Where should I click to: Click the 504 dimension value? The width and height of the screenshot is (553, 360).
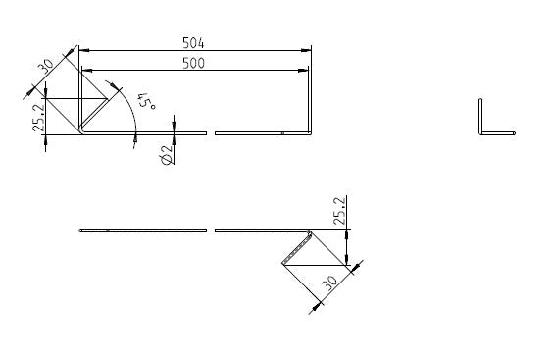[x=193, y=42]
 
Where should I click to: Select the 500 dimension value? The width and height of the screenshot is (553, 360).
[x=193, y=63]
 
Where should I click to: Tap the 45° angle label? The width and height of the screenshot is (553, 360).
[x=146, y=101]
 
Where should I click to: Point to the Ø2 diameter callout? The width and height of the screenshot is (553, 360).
[x=166, y=153]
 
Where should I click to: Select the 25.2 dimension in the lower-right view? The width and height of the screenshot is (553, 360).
[x=339, y=212]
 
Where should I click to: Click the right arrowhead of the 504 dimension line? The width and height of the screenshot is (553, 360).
[x=306, y=49]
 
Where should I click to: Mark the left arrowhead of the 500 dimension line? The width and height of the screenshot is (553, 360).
[x=86, y=70]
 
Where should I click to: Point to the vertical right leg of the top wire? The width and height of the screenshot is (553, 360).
[x=311, y=103]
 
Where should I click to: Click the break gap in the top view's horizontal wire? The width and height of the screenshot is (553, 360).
[x=211, y=132]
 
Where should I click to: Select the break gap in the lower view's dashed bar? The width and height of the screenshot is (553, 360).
[x=211, y=231]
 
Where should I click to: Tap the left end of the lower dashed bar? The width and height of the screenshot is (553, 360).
[x=81, y=231]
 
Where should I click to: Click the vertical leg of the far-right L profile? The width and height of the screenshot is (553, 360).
[x=480, y=115]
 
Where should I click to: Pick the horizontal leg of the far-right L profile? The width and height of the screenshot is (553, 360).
[x=497, y=132]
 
